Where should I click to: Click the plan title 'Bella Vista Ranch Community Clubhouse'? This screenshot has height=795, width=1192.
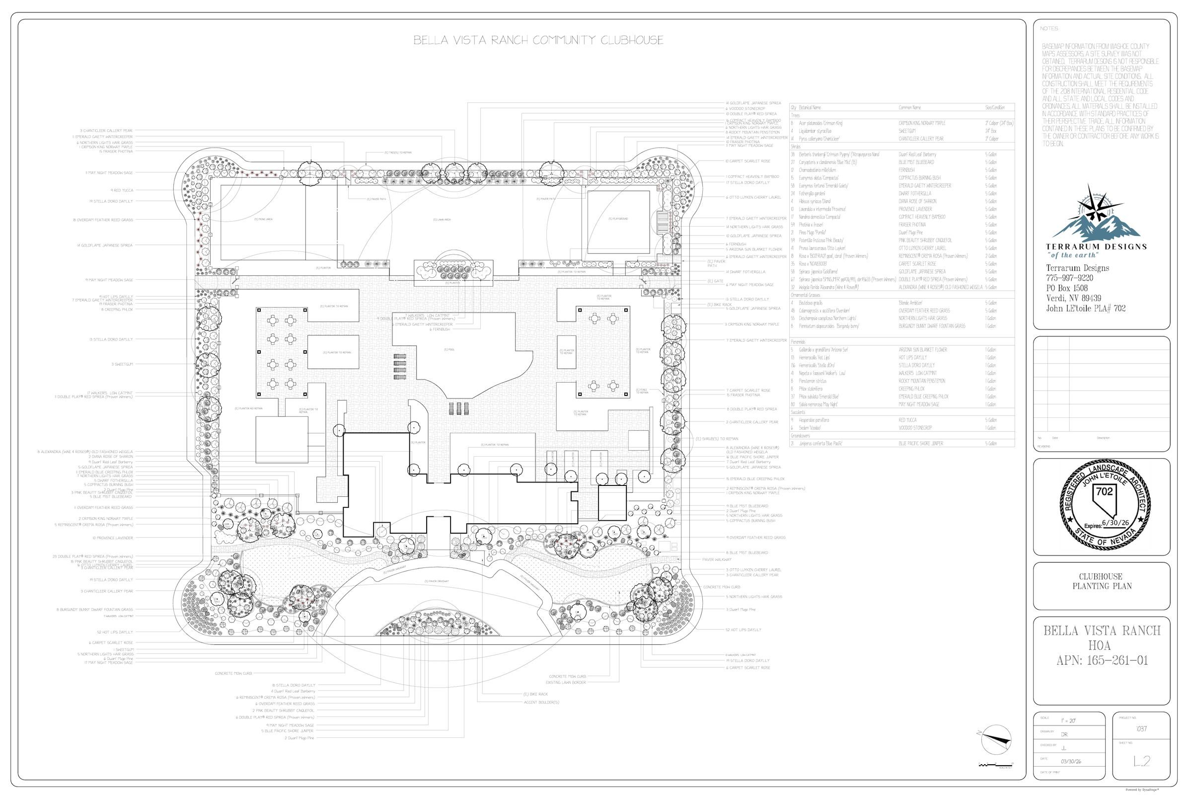point(538,41)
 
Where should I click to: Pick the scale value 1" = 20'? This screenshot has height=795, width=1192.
point(1067,720)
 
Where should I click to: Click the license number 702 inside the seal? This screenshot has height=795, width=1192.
point(1104,491)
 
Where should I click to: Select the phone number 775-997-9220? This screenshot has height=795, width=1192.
point(1069,278)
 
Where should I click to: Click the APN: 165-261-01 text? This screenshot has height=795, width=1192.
point(1102,661)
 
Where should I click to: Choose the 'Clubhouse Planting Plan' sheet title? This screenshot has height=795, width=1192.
point(1102,581)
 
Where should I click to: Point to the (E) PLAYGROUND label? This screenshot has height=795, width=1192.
point(618,219)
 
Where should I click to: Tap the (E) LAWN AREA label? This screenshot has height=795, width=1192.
point(442,220)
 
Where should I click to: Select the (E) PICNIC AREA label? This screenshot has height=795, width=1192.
point(264,220)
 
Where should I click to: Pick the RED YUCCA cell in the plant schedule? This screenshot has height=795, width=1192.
point(907,420)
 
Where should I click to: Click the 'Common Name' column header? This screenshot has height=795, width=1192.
point(910,107)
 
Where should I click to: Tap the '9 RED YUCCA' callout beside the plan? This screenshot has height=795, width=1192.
point(122,191)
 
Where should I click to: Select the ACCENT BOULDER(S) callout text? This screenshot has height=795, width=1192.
point(541,702)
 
